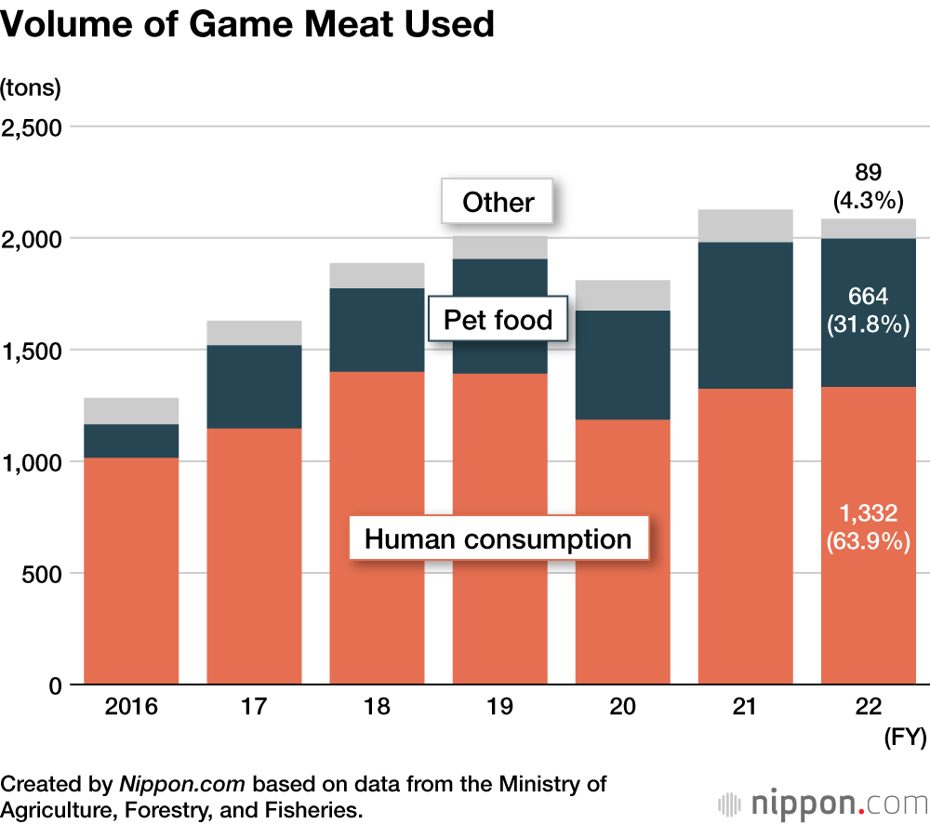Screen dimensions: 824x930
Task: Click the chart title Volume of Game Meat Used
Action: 247,25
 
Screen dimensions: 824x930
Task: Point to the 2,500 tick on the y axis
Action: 32,127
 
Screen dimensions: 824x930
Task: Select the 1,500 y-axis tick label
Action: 32,351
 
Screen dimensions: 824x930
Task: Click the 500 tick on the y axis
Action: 42,574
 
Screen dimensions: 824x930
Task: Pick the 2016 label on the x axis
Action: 131,707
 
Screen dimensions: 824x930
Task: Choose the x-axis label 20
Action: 622,707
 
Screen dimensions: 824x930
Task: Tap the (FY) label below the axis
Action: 903,738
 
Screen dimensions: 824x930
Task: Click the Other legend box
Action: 498,202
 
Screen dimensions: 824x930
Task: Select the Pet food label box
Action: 498,321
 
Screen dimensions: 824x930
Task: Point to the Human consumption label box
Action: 498,538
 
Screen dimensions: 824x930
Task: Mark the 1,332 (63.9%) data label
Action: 868,525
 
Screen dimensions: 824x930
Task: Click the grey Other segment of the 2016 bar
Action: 131,411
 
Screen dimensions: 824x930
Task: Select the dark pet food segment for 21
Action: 745,315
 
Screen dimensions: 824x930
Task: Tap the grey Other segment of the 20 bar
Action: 622,295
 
